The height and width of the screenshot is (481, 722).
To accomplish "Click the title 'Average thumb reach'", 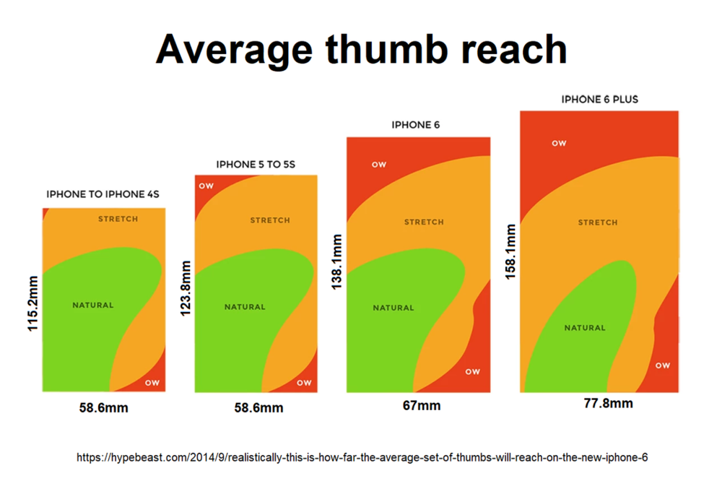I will click(x=361, y=49).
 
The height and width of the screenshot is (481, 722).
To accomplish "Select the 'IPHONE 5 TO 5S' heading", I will click(x=256, y=165).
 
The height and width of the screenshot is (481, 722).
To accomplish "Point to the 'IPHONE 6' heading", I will click(x=416, y=125).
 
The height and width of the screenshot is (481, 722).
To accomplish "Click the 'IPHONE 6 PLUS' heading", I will click(x=599, y=99).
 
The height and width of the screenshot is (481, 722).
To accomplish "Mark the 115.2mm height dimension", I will click(x=32, y=302).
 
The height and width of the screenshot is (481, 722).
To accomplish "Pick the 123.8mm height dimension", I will click(x=184, y=287).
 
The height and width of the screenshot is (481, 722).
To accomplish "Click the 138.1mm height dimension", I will click(x=336, y=261).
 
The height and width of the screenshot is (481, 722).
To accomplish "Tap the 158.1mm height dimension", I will click(x=510, y=252).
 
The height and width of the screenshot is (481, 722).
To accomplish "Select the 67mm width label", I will click(x=422, y=406).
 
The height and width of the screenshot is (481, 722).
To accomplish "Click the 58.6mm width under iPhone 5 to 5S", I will click(x=258, y=408).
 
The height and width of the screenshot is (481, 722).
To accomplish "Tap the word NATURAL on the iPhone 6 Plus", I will click(x=585, y=328).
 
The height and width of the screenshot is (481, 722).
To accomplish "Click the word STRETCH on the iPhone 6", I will click(x=424, y=222).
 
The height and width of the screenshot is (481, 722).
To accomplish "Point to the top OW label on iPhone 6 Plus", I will click(x=559, y=143).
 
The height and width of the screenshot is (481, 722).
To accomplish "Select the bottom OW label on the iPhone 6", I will click(x=472, y=372).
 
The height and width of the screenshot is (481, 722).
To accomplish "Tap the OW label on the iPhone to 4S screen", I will click(x=152, y=382).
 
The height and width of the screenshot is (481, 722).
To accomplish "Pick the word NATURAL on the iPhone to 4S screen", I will click(x=93, y=305).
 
